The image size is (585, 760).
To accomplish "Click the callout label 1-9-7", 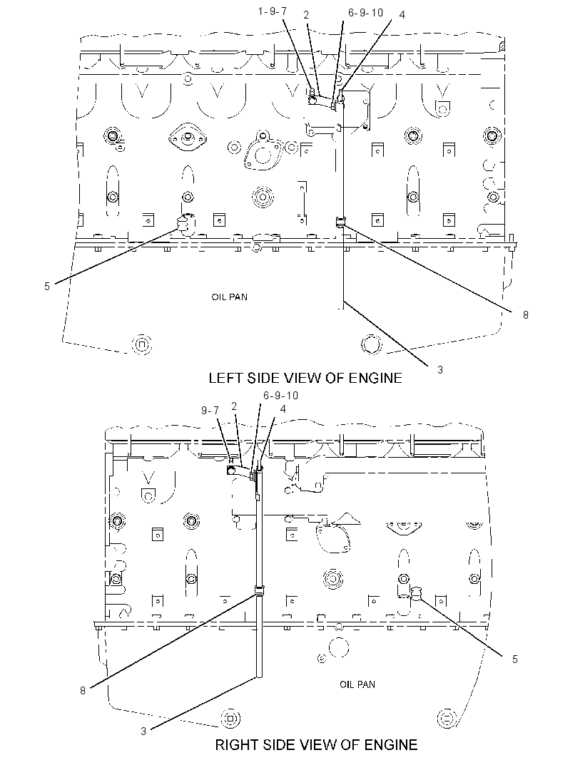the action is (x=272, y=11).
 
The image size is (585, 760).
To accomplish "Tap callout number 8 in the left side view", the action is (x=525, y=314).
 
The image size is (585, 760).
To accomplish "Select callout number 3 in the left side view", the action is (x=440, y=370).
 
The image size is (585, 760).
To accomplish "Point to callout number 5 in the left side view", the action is (x=47, y=287).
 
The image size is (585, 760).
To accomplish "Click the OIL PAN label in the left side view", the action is (x=230, y=297).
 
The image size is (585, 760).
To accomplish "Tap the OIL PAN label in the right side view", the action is (x=357, y=684).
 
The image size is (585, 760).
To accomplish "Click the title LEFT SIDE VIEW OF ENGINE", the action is (x=305, y=378).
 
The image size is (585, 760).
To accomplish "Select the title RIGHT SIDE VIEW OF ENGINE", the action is (x=316, y=744).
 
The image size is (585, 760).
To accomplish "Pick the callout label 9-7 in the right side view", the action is (x=210, y=411).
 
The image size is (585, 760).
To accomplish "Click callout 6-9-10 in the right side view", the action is (x=281, y=396).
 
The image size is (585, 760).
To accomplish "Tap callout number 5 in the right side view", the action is (x=514, y=659).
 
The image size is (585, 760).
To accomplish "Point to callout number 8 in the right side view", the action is (x=83, y=690).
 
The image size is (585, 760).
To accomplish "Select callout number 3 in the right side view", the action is (x=143, y=731).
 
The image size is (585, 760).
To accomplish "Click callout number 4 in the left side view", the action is (x=402, y=15).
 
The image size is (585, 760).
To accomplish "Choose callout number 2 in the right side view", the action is (x=234, y=406).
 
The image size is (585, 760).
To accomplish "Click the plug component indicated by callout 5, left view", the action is (x=185, y=225).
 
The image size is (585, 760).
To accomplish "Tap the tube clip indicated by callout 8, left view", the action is (x=342, y=222).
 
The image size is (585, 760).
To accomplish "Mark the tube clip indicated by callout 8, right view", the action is (x=260, y=591).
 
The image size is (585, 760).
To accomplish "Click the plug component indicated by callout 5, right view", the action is (x=416, y=592).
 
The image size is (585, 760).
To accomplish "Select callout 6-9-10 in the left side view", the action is (x=366, y=13).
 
